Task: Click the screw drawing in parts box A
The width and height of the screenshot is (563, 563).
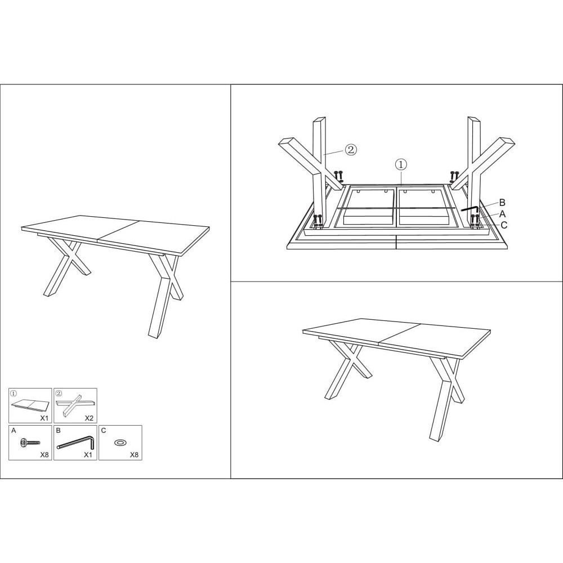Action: tap(30, 443)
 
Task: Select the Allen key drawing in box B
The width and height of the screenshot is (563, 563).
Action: tap(76, 443)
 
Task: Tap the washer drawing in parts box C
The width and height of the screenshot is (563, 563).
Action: tap(119, 443)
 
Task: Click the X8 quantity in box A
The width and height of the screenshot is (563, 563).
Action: tap(44, 454)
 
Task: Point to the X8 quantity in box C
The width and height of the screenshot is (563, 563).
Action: tap(134, 454)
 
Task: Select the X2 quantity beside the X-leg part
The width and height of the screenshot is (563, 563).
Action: tap(89, 418)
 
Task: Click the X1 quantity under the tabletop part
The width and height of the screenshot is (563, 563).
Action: tap(44, 418)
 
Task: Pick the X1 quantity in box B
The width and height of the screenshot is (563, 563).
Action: tap(88, 454)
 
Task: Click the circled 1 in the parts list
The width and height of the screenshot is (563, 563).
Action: tap(14, 393)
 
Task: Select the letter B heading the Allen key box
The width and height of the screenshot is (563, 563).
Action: tap(59, 430)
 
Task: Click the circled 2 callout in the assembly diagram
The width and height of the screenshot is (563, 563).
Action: tap(351, 149)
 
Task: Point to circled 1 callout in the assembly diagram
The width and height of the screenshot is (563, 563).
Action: tap(401, 165)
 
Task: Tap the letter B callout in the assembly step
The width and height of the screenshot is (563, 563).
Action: tap(502, 203)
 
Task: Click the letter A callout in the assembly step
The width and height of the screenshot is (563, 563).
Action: tap(502, 214)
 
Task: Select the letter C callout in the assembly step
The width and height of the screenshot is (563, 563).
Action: tap(504, 225)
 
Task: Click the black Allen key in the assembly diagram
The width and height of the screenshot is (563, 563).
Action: tap(469, 208)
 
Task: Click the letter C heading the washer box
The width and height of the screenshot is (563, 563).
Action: tap(104, 430)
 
